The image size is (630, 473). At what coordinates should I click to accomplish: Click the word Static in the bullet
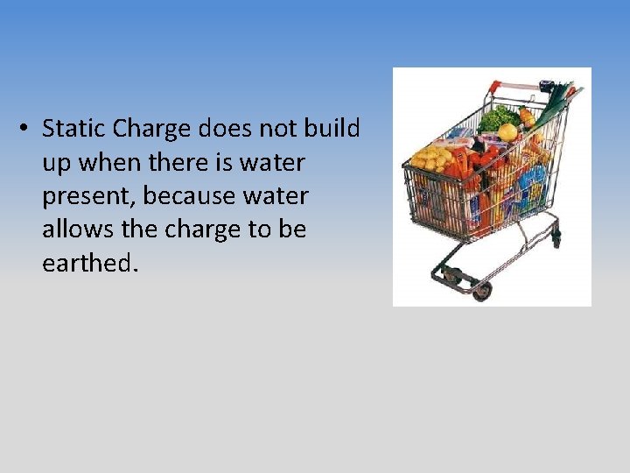point(74,130)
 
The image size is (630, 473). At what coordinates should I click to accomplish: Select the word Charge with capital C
point(152,130)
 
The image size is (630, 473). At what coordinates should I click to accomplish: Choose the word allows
point(76,229)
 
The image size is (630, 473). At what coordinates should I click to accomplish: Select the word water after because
point(270,196)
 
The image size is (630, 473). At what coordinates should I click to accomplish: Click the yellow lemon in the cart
point(507,131)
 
